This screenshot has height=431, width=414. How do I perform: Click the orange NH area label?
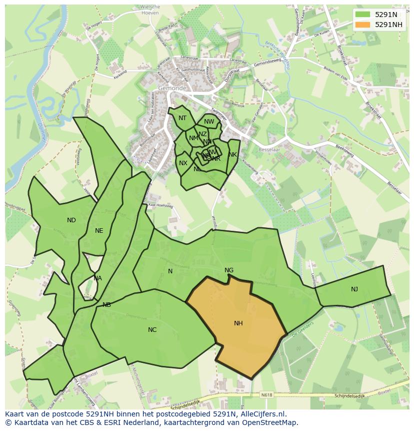(x=238, y=323)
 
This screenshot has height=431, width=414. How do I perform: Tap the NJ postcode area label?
(x=354, y=289)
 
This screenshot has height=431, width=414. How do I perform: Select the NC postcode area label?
(x=152, y=329)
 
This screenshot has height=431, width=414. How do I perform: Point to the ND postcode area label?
(x=71, y=220)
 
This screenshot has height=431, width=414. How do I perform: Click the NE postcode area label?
(x=99, y=231)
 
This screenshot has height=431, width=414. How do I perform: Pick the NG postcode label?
(x=229, y=270)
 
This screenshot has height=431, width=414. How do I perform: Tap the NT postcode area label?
(x=182, y=118)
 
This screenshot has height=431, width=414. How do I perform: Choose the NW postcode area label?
(x=209, y=122)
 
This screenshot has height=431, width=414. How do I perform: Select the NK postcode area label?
(x=232, y=155)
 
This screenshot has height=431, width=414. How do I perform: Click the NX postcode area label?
(x=183, y=163)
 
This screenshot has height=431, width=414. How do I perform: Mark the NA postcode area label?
(x=97, y=278)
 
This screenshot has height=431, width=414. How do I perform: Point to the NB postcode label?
(x=106, y=305)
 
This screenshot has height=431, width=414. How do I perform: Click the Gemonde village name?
(x=172, y=88)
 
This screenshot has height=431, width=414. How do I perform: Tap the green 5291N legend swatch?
(x=363, y=15)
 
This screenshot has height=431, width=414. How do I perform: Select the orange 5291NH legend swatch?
(x=363, y=25)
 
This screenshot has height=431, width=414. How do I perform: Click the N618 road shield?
(x=267, y=395)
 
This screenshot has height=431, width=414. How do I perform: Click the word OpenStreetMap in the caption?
(x=270, y=423)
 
